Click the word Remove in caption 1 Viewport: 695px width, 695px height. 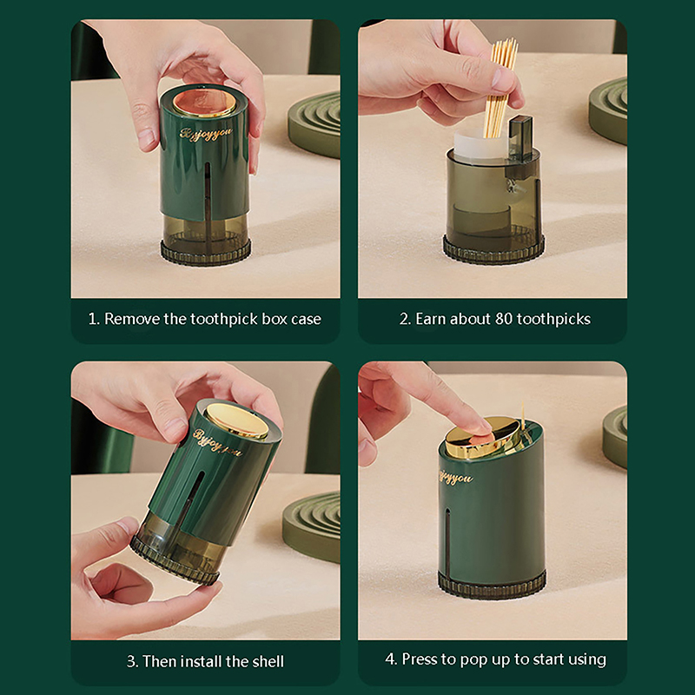point(132,319)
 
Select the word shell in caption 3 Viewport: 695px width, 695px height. point(268,661)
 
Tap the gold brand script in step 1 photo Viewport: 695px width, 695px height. point(206,134)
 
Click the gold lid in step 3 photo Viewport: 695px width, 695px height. point(236,420)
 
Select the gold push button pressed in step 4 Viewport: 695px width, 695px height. point(482,438)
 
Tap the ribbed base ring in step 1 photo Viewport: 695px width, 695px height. point(206,253)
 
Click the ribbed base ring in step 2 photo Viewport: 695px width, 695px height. point(493,251)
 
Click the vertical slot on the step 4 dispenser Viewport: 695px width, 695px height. point(447,544)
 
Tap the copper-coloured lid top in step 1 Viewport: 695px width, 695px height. point(205,103)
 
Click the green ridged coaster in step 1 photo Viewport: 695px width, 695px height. point(314,123)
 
